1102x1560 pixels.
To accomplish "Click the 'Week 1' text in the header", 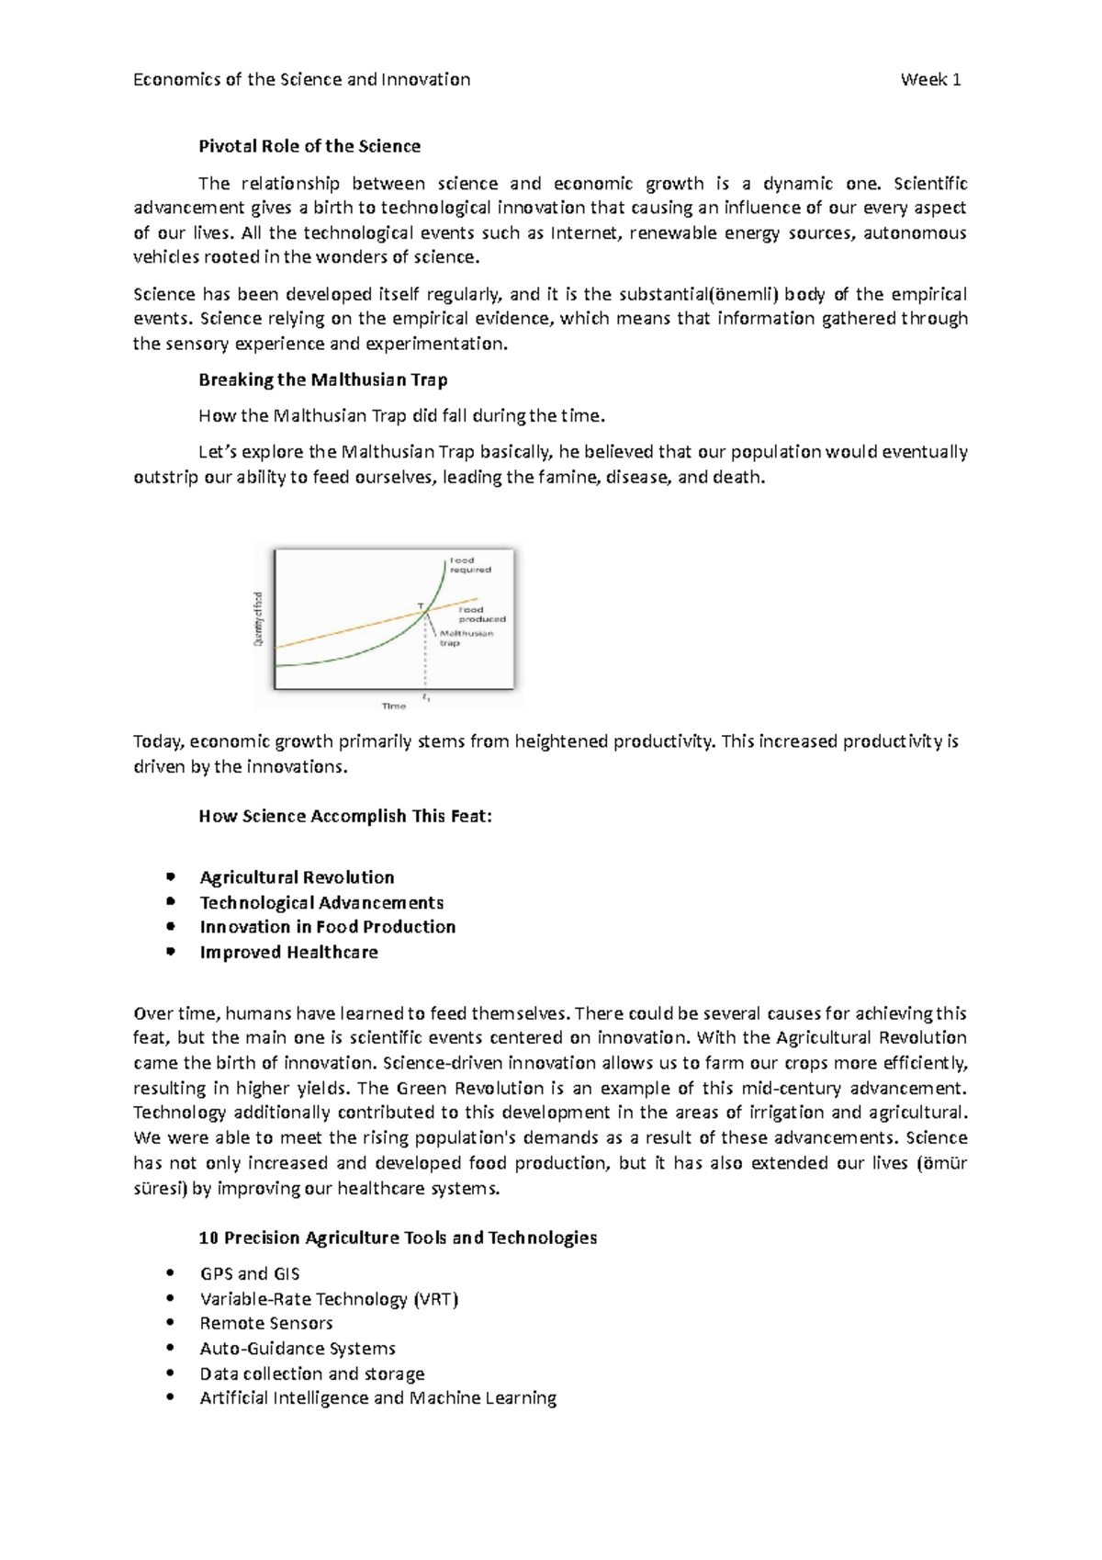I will pos(930,80).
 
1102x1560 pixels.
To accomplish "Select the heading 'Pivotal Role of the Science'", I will pos(309,146).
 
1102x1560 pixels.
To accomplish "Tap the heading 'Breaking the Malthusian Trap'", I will pos(322,379).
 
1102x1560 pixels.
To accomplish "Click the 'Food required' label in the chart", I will pos(468,565).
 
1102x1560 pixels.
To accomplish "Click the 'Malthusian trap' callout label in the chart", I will pos(466,638).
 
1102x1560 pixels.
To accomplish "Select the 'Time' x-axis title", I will pos(393,706).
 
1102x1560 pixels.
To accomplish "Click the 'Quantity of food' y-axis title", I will pos(259,618).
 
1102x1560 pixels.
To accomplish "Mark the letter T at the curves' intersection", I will pos(420,606).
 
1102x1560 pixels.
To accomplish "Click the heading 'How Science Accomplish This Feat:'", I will pos(345,816).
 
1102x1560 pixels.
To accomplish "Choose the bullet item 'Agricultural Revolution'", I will pos(297,877).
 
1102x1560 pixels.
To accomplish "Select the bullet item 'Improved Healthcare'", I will pos(288,952).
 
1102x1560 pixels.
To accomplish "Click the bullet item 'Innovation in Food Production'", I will pos(328,927).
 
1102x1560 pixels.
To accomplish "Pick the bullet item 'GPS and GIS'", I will pos(250,1273).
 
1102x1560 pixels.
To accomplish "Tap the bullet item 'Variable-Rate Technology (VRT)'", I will pos(329,1299).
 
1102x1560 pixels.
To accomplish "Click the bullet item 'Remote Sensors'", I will pos(266,1323).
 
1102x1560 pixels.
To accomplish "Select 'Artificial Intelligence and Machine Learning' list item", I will pos(377,1397).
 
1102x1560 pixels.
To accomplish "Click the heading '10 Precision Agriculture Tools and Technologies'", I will pos(398,1238).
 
